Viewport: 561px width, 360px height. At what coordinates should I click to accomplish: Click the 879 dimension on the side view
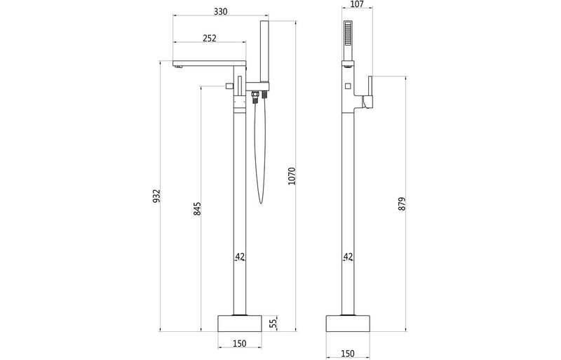[402, 203]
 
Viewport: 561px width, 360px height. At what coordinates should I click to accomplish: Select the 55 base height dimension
[274, 323]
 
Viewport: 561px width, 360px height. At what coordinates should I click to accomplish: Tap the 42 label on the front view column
[239, 258]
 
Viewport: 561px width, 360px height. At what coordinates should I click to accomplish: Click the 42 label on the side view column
[349, 258]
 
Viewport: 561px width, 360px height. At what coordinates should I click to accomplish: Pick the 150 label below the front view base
[239, 345]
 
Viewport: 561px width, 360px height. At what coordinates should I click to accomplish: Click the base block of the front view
[239, 323]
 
